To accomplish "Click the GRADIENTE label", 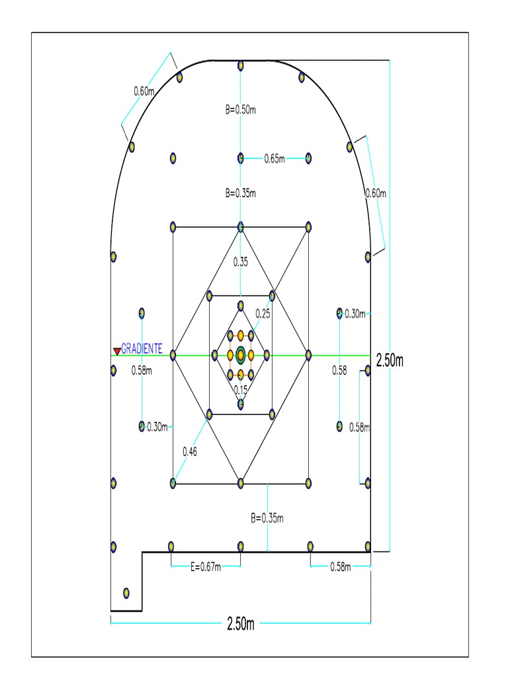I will (x=142, y=349).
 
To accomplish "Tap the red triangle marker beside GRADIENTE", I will (x=116, y=351).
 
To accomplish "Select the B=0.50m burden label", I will (x=240, y=110).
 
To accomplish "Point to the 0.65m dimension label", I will (x=275, y=158).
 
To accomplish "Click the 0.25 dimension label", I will (x=263, y=315).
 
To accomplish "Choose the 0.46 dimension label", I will (x=190, y=452).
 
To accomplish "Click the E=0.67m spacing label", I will (x=206, y=566).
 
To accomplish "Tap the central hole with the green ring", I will (x=241, y=355).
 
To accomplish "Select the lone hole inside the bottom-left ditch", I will (x=127, y=593).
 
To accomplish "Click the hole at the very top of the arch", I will (x=241, y=66).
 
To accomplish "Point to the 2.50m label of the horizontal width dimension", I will (x=240, y=624).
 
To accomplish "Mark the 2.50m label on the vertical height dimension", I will (x=390, y=361).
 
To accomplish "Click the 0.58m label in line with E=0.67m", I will (x=341, y=566).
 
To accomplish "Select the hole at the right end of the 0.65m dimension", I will (x=308, y=158).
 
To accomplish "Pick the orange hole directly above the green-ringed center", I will (x=241, y=336).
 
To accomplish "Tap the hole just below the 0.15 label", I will (x=241, y=403).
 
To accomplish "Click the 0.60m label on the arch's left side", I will (x=144, y=91).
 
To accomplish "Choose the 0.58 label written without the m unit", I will (x=339, y=371).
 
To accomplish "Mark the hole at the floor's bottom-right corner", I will (x=368, y=547).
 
